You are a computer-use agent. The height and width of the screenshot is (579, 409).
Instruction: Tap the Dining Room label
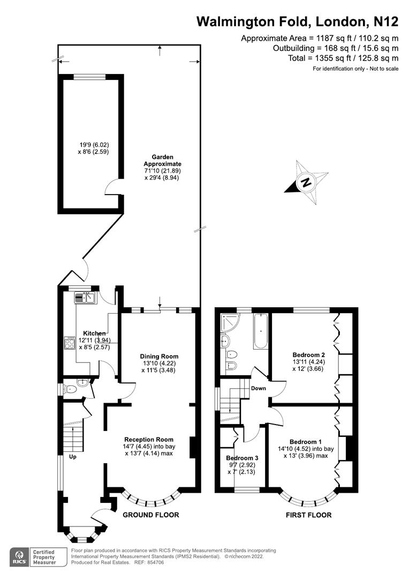[159, 356]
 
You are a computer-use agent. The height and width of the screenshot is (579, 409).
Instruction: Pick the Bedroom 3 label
[242, 458]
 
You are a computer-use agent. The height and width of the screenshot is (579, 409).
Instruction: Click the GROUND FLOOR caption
[150, 515]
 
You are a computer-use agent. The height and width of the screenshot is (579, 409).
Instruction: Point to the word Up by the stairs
[71, 457]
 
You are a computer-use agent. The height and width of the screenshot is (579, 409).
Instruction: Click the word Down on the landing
[259, 388]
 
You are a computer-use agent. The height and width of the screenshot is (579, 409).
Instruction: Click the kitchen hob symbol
[70, 343]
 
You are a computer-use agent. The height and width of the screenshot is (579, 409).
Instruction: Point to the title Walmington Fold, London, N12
[297, 21]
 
